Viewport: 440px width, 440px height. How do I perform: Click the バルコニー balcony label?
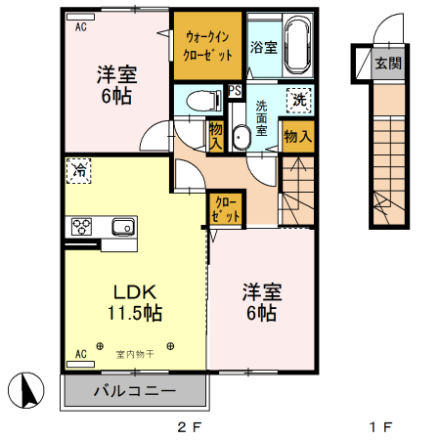click(135, 391)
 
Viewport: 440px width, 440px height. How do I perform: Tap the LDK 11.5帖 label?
click(135, 302)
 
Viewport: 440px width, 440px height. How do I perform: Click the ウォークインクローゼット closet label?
click(207, 45)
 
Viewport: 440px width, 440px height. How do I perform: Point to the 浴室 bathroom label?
click(262, 47)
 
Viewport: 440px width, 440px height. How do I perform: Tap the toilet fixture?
click(200, 99)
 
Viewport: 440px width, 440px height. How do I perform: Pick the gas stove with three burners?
click(81, 228)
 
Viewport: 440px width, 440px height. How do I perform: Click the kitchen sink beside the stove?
click(122, 228)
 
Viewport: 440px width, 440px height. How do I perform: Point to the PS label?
click(235, 91)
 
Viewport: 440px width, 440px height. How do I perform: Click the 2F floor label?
click(189, 427)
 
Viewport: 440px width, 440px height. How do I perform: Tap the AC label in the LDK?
click(80, 353)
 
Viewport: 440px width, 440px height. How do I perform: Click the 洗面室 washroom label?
click(262, 116)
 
